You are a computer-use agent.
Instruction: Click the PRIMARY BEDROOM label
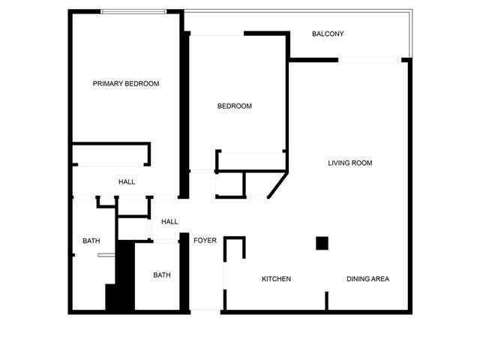(126, 84)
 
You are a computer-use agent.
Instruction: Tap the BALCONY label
(328, 34)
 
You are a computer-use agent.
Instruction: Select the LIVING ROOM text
(350, 163)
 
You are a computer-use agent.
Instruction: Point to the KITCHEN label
(276, 279)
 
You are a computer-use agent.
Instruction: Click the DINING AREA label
(367, 279)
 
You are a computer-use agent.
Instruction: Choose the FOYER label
(205, 241)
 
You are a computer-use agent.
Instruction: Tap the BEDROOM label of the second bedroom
(235, 106)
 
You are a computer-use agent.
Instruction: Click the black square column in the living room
(322, 243)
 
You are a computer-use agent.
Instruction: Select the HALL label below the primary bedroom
(127, 182)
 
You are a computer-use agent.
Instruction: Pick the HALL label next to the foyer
(169, 222)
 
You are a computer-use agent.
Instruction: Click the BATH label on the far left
(91, 241)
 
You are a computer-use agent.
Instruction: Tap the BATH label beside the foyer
(162, 275)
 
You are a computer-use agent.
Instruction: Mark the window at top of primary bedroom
(133, 11)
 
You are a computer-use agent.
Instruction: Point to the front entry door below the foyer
(205, 310)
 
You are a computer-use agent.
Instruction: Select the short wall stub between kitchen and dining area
(326, 301)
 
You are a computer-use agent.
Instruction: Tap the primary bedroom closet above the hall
(110, 155)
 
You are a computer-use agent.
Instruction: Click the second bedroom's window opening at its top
(217, 34)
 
